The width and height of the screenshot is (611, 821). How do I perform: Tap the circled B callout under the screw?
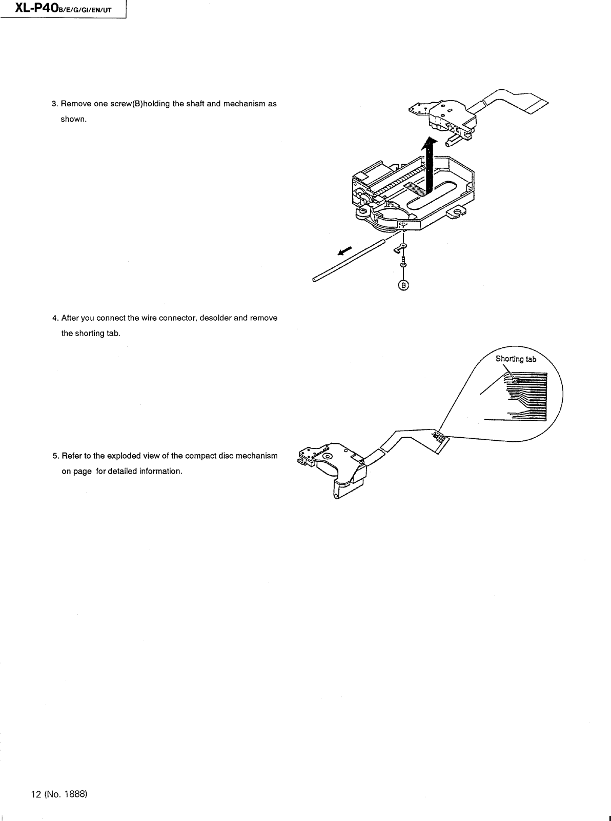[403, 286]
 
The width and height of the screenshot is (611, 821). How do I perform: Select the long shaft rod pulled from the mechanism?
[349, 260]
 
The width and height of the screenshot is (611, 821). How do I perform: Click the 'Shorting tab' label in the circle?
[516, 359]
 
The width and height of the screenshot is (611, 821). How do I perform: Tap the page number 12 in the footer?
[35, 794]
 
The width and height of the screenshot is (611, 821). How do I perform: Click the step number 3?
[54, 104]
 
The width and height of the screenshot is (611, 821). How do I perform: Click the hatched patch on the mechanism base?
[415, 189]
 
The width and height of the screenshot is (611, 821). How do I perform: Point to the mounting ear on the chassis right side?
[457, 211]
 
